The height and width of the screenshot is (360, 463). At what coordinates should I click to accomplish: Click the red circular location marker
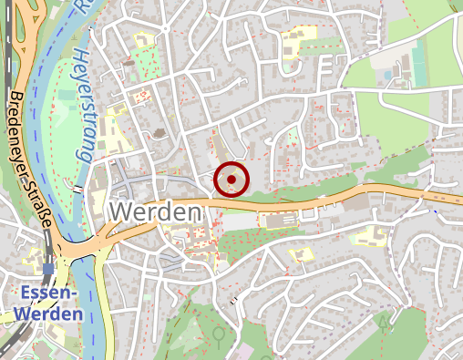pos(231,180)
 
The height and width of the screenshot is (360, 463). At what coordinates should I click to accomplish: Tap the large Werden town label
pos(155,211)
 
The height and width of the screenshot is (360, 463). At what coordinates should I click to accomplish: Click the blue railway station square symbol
pos(46,270)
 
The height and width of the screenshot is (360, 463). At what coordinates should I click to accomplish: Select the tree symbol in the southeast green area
pos(384,321)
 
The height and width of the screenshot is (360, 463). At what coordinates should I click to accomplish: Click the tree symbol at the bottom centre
pos(219,335)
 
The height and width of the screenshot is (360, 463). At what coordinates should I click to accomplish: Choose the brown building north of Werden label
pos(159,135)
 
